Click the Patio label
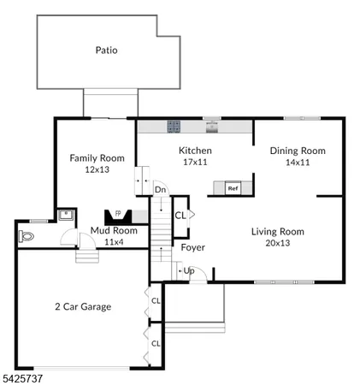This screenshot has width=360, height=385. click(107, 50)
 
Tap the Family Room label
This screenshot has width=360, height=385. click(97, 157)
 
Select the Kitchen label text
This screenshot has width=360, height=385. click(195, 151)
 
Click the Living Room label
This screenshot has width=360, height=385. click(277, 231)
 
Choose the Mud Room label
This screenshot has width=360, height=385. click(114, 230)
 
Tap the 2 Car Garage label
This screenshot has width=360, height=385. click(83, 306)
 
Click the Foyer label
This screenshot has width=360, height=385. click(192, 248)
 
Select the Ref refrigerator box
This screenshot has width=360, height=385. click(233, 187)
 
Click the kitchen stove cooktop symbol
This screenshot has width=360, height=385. click(174, 127)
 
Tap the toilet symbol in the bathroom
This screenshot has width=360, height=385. click(26, 234)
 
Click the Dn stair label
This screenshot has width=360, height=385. click(160, 190)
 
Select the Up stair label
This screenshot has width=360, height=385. click(189, 271)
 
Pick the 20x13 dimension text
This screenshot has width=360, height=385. click(277, 243)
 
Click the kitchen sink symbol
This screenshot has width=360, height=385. click(213, 127)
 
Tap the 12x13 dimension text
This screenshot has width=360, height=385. click(97, 169)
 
